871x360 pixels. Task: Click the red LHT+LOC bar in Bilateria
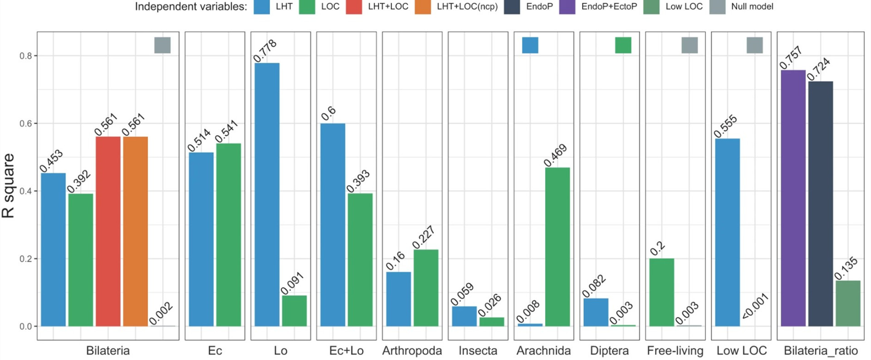click(x=108, y=231)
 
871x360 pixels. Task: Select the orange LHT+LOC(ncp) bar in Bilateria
click(x=135, y=231)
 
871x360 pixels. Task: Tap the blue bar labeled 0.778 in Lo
click(x=267, y=195)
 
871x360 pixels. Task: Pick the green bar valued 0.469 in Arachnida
click(x=557, y=247)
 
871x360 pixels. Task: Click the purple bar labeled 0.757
click(x=793, y=198)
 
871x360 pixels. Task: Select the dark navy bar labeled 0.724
click(x=820, y=204)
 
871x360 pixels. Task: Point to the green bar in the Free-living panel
click(x=661, y=292)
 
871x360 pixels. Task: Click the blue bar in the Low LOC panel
click(x=727, y=232)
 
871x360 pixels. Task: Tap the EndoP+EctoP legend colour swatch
click(x=567, y=7)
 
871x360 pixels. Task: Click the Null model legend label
click(x=752, y=7)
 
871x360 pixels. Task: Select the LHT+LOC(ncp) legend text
click(x=467, y=7)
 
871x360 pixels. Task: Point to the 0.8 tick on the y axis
click(x=26, y=56)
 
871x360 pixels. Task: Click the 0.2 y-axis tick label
click(x=26, y=259)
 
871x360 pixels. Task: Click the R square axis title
click(x=9, y=186)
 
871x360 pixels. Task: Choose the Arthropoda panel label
click(x=412, y=350)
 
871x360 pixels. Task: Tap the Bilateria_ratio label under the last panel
click(x=821, y=350)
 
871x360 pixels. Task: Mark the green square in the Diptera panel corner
click(x=623, y=45)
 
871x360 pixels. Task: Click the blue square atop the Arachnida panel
click(x=530, y=45)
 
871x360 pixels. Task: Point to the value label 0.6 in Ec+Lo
click(x=329, y=113)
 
